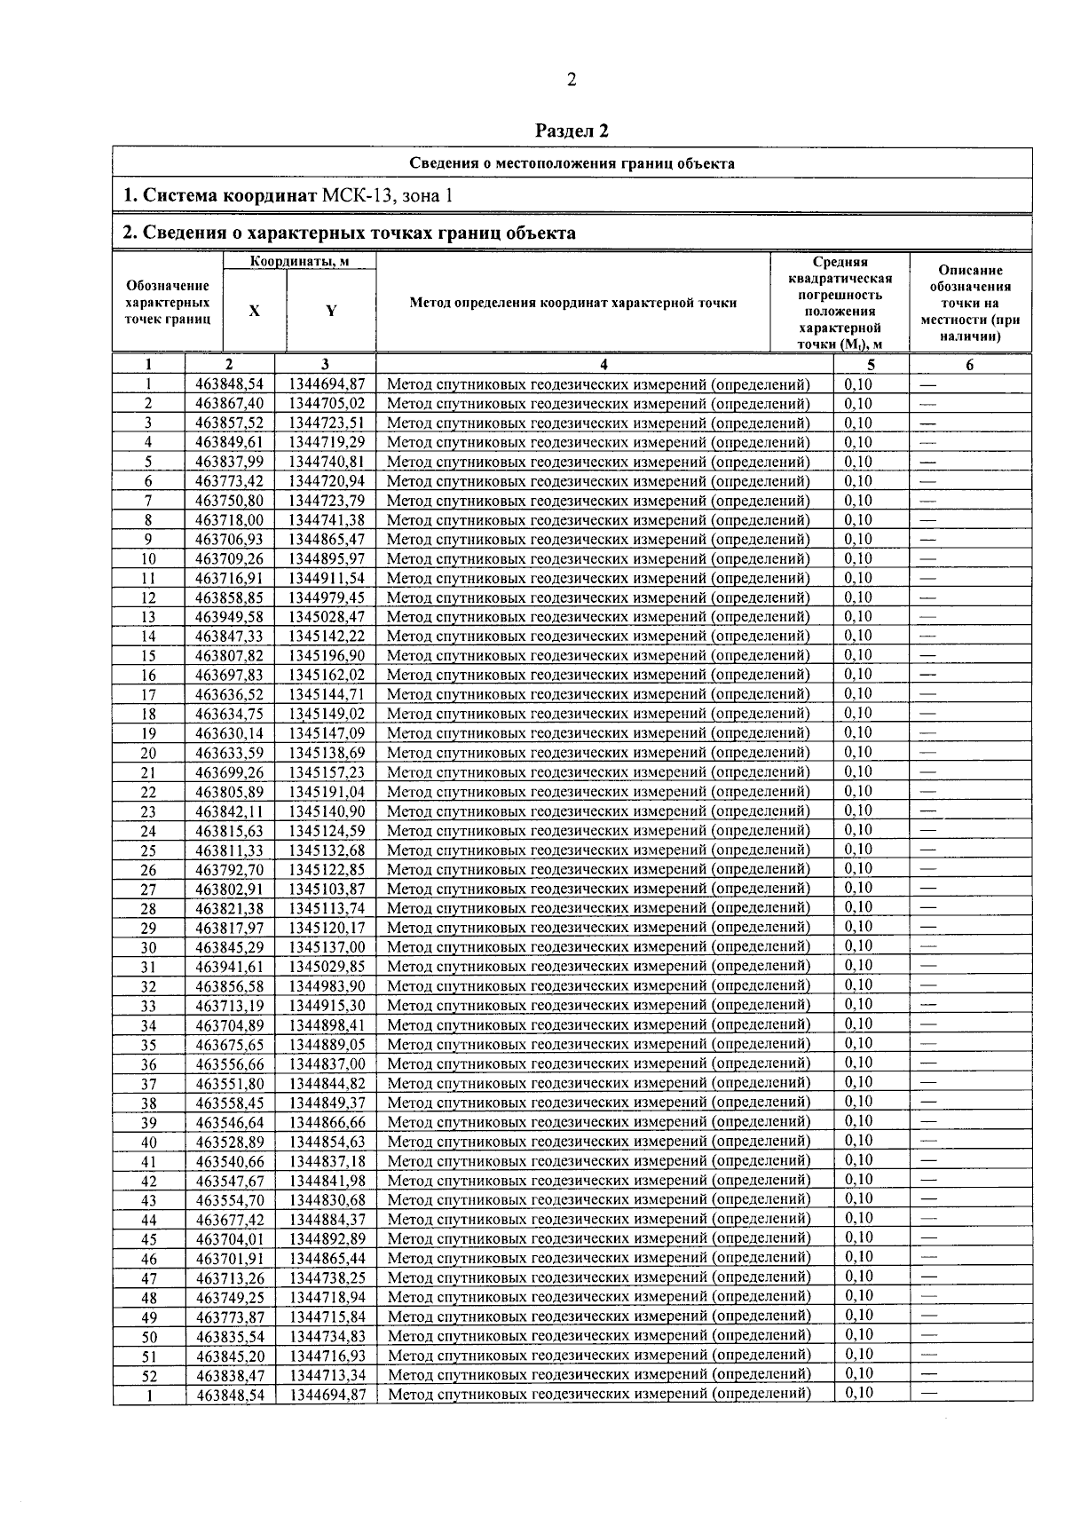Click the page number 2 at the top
[572, 80]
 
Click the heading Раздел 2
[572, 130]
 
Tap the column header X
[254, 311]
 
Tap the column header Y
[330, 311]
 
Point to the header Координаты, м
[298, 261]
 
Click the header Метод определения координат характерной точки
[572, 303]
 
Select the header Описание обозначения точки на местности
[970, 303]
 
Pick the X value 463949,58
[229, 617]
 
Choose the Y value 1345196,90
[327, 656]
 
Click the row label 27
[148, 889]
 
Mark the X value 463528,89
[229, 1142]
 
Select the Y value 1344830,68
[327, 1200]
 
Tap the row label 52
[148, 1376]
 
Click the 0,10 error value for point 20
[858, 752]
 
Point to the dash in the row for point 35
[928, 1044]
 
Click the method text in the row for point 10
[598, 559]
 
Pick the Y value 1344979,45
[327, 597]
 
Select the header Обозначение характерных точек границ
[168, 303]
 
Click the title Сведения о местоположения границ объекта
[572, 163]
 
